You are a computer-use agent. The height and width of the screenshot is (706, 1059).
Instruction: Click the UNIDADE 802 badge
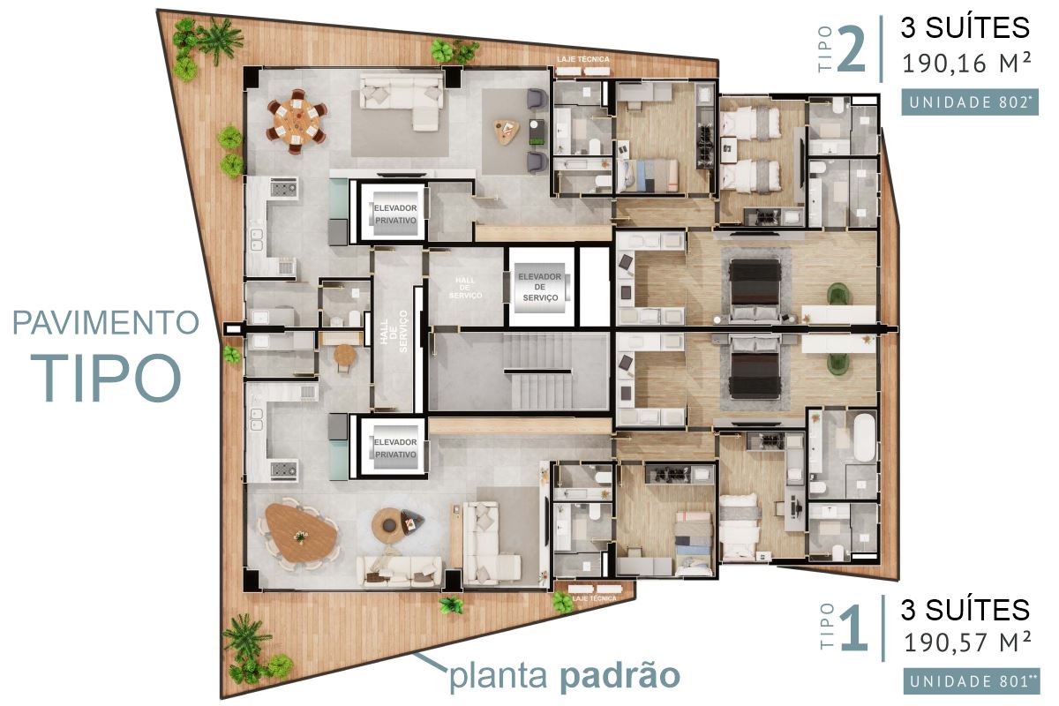click(970, 102)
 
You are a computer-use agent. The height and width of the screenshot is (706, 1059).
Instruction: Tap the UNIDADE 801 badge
click(972, 681)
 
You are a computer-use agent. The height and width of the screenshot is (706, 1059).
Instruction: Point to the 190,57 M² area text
click(967, 642)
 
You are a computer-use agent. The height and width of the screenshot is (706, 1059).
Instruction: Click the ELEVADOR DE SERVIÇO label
click(540, 287)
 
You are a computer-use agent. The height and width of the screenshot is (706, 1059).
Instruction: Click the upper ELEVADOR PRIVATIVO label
click(395, 214)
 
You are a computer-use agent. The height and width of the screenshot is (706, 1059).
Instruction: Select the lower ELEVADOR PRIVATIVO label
click(395, 447)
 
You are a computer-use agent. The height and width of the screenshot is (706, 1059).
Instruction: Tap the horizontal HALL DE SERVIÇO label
click(466, 288)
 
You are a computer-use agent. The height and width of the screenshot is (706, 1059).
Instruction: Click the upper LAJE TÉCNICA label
click(583, 59)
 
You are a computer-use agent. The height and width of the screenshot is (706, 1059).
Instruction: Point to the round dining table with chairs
click(297, 121)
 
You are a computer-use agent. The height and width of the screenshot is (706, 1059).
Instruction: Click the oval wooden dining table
click(301, 533)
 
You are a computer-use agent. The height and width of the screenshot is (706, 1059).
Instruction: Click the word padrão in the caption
click(620, 676)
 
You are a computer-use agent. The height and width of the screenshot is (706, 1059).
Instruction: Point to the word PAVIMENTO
click(105, 322)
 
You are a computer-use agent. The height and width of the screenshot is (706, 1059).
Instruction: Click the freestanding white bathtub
click(865, 438)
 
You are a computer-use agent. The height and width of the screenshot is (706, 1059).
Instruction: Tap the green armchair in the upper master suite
click(837, 294)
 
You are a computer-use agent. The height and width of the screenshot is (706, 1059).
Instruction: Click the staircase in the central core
click(537, 372)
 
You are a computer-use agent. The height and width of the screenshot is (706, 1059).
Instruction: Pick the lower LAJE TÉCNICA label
click(594, 598)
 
